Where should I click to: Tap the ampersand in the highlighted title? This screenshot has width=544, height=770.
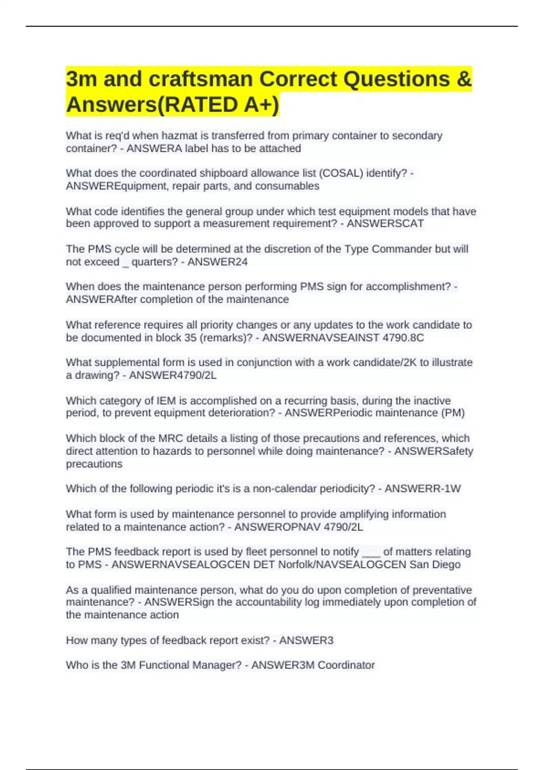(464, 79)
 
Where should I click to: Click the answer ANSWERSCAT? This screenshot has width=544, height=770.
(385, 223)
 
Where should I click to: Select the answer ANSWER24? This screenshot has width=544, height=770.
(218, 262)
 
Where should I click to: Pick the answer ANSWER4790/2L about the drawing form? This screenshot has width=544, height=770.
(173, 375)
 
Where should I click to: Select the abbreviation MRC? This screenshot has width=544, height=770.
(170, 438)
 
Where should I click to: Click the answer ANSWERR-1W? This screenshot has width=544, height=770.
(423, 488)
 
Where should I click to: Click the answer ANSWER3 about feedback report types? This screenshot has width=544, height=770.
(306, 640)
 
